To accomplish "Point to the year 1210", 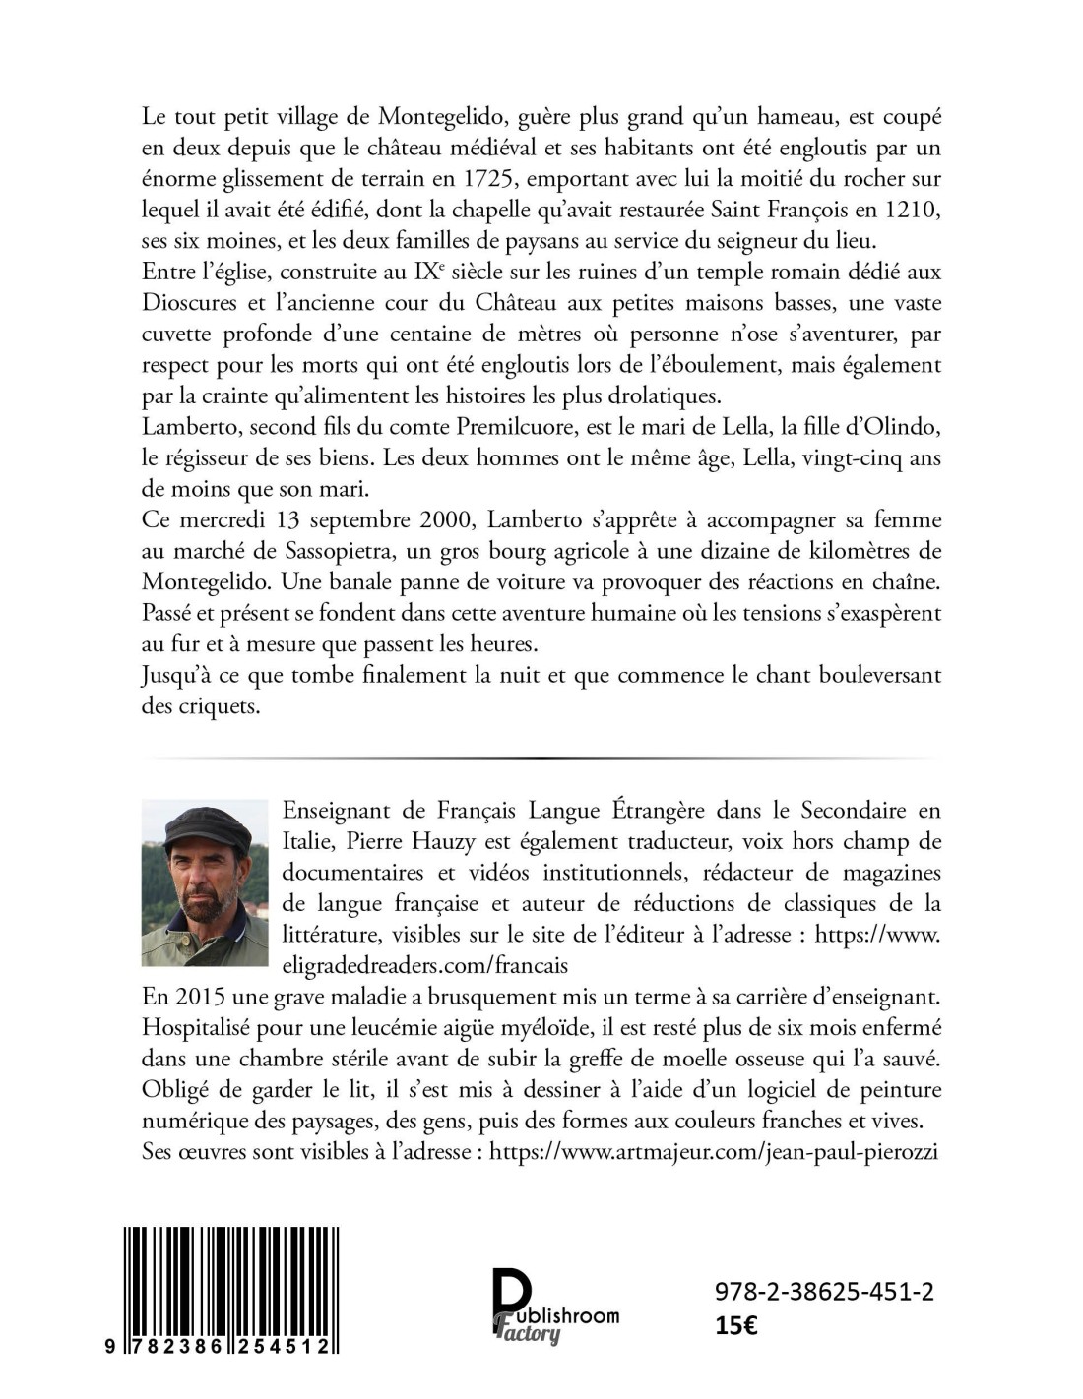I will [912, 210].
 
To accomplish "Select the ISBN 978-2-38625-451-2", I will [824, 1292].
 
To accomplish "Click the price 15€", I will [736, 1325].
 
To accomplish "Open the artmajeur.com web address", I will [713, 1151].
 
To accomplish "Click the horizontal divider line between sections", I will [541, 758].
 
